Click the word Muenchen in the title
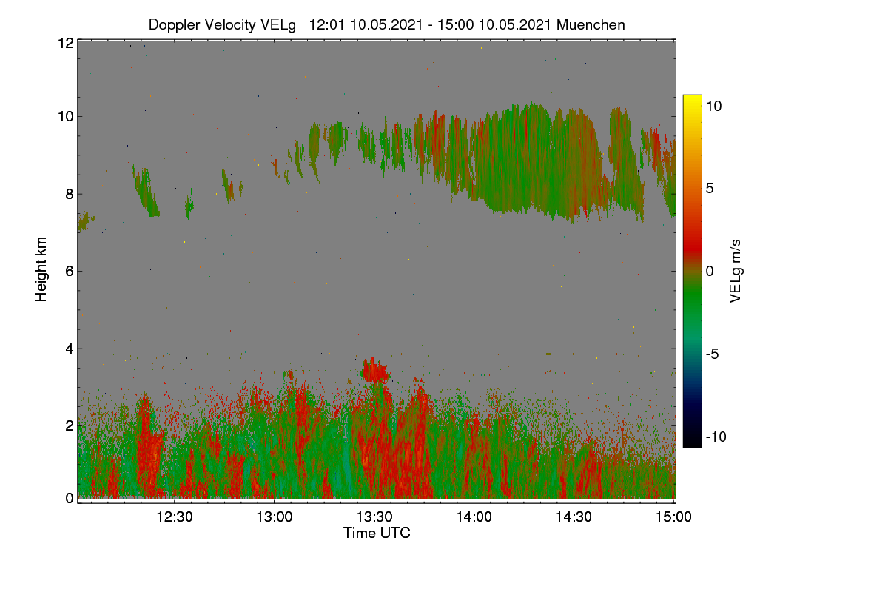591,24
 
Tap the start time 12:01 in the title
326,24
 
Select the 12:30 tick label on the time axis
175,517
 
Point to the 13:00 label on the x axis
275,517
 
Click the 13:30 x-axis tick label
374,517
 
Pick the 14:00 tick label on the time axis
474,517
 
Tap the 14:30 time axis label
573,517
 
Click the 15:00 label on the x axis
673,517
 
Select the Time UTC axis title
377,533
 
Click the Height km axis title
41,269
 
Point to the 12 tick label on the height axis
66,43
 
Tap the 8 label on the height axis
70,194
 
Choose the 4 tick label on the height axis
70,349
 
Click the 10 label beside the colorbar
714,106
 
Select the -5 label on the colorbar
713,354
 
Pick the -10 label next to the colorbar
716,437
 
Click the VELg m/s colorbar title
735,272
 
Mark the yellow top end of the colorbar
692,96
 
